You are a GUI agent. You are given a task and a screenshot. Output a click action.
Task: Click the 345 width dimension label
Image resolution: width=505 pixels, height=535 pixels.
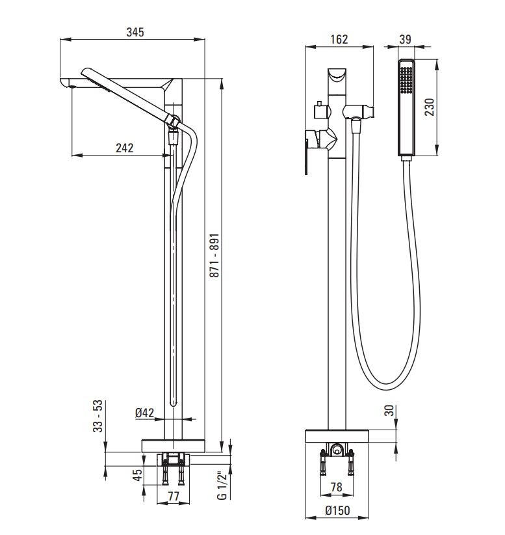click(x=135, y=32)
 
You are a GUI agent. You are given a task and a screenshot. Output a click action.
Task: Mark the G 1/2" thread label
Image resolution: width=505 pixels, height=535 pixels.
click(x=222, y=485)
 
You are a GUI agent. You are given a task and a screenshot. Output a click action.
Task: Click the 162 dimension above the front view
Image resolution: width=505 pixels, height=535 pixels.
click(x=339, y=39)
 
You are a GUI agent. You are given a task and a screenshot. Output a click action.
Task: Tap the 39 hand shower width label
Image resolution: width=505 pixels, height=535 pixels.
click(x=405, y=39)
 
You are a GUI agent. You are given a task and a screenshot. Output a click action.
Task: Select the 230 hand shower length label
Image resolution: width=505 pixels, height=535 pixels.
click(x=429, y=106)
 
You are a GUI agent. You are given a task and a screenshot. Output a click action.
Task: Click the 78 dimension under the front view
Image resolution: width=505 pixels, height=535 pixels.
click(x=337, y=487)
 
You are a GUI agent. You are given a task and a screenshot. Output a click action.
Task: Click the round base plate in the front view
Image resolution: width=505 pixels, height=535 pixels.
click(x=337, y=437)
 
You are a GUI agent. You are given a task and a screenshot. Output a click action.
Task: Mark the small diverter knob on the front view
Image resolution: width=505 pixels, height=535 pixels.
click(x=319, y=111)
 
